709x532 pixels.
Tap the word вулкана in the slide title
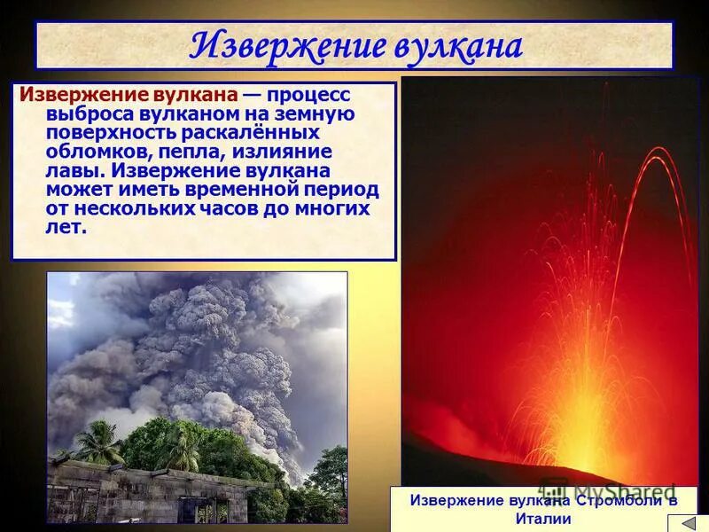[x=452, y=46]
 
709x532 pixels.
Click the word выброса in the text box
[x=81, y=114]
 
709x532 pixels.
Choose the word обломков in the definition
[x=89, y=152]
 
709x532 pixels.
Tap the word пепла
[x=195, y=152]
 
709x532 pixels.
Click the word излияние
[x=280, y=152]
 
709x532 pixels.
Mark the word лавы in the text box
[x=68, y=170]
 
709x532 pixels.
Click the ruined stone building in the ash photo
[x=133, y=492]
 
